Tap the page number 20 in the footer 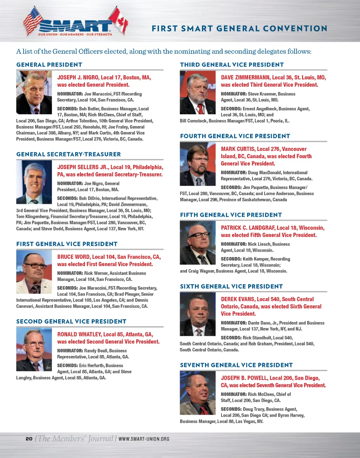[x=29, y=439]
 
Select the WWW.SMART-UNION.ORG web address [x=144, y=439]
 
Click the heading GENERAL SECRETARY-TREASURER [x=69, y=154]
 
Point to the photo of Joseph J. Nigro [x=34, y=92]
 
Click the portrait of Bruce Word [x=34, y=272]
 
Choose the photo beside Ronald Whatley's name [x=34, y=349]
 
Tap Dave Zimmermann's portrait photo [x=198, y=92]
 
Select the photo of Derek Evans [x=198, y=314]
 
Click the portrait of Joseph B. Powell [x=198, y=393]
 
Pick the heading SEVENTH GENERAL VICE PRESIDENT [x=236, y=365]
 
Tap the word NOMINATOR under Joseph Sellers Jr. [x=70, y=183]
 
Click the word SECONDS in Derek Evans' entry [x=231, y=338]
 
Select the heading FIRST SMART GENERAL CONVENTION [x=239, y=28]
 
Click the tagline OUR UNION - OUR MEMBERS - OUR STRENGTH [x=75, y=34]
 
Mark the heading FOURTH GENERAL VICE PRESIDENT [x=235, y=136]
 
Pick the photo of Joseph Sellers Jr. [x=34, y=182]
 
